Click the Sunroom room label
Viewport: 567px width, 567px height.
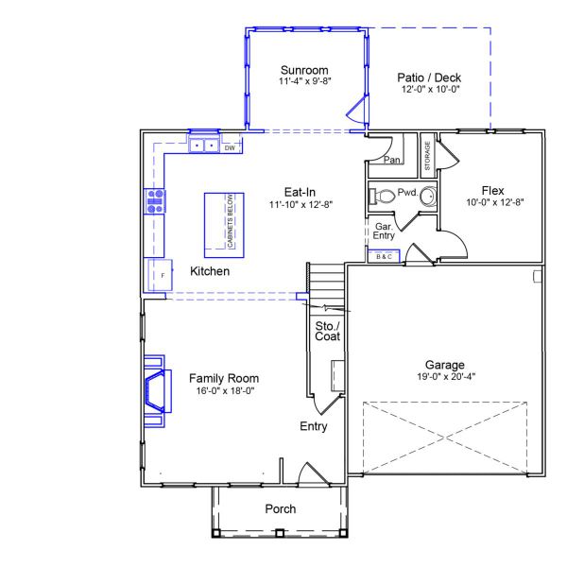click(x=304, y=70)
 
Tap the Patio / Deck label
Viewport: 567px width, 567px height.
click(x=429, y=77)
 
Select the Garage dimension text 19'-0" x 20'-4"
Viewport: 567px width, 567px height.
click(x=446, y=376)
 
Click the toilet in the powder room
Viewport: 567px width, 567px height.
click(x=382, y=197)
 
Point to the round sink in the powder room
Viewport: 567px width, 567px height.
click(x=429, y=197)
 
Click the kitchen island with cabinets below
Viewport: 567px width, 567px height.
click(x=224, y=225)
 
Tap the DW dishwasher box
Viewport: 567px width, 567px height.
click(x=231, y=148)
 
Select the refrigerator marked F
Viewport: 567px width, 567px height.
click(x=161, y=275)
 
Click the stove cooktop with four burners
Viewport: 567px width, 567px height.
click(x=155, y=201)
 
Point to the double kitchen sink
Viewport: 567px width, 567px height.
click(x=204, y=146)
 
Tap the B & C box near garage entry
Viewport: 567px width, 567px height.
click(x=384, y=256)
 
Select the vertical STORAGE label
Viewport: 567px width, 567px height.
click(x=427, y=156)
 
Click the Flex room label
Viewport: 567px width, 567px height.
click(x=492, y=191)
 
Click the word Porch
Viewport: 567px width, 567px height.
click(x=281, y=508)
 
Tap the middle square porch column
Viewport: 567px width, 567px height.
click(x=279, y=533)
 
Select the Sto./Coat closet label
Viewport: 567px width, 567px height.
click(x=327, y=332)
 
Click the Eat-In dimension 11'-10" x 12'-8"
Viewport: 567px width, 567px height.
click(x=301, y=205)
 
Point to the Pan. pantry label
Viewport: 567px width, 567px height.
click(x=392, y=160)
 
